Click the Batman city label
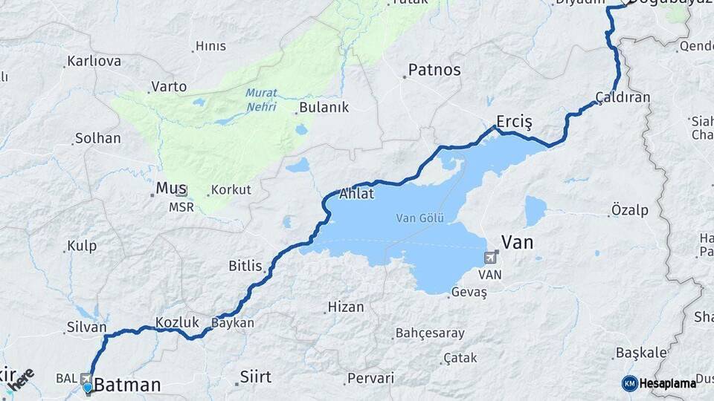click(x=127, y=385)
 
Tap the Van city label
click(x=518, y=242)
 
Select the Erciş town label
click(x=515, y=122)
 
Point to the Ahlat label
click(x=356, y=195)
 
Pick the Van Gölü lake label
click(x=419, y=218)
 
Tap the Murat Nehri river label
click(x=260, y=100)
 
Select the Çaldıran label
click(x=623, y=97)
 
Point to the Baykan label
click(x=233, y=323)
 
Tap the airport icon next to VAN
click(x=491, y=258)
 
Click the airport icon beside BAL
click(x=87, y=378)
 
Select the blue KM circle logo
click(x=629, y=383)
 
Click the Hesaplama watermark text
click(x=668, y=383)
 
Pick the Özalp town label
click(x=629, y=210)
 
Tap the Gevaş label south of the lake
click(x=470, y=293)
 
